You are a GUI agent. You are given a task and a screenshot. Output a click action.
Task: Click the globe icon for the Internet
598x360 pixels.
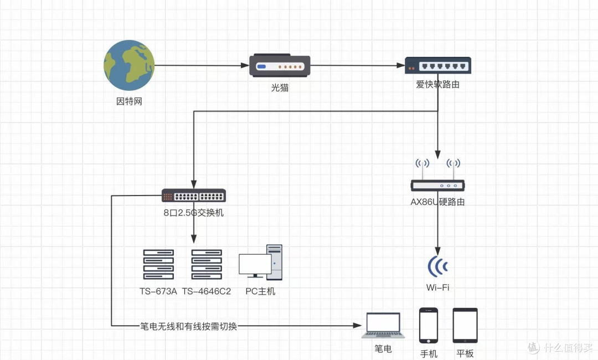(x=129, y=65)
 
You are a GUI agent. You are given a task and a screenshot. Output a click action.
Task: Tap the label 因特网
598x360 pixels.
(x=129, y=101)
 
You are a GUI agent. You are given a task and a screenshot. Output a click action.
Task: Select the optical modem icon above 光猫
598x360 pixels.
(x=280, y=65)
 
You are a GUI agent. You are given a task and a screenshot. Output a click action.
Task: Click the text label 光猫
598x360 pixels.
(x=280, y=88)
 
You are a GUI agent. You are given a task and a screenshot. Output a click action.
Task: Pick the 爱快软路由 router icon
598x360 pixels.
(x=437, y=65)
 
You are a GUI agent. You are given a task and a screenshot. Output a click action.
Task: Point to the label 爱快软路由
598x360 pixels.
(x=437, y=85)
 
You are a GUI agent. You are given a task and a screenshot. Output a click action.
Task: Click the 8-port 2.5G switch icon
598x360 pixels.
(x=194, y=196)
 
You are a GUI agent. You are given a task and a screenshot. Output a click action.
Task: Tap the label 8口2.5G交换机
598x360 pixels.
(x=194, y=212)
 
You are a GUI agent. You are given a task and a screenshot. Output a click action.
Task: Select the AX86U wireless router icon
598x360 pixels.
(x=437, y=177)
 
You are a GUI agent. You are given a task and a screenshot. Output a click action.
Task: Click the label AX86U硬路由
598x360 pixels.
(x=437, y=202)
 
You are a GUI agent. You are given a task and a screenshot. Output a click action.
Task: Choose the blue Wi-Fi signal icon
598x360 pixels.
(x=437, y=266)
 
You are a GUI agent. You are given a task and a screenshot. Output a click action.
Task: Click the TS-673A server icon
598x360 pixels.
(x=158, y=265)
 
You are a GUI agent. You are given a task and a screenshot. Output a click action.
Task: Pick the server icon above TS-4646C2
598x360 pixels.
(x=207, y=265)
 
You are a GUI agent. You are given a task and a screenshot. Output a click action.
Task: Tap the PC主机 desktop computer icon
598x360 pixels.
(x=260, y=263)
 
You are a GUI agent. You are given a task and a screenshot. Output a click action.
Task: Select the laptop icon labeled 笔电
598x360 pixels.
(x=383, y=326)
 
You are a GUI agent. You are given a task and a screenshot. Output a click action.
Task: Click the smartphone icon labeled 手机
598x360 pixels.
(x=429, y=325)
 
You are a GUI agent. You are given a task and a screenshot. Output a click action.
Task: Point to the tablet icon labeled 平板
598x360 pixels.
(x=465, y=325)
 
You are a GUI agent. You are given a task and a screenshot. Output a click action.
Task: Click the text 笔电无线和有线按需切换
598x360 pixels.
(x=188, y=326)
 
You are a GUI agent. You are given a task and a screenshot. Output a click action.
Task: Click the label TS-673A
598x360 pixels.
(x=158, y=291)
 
